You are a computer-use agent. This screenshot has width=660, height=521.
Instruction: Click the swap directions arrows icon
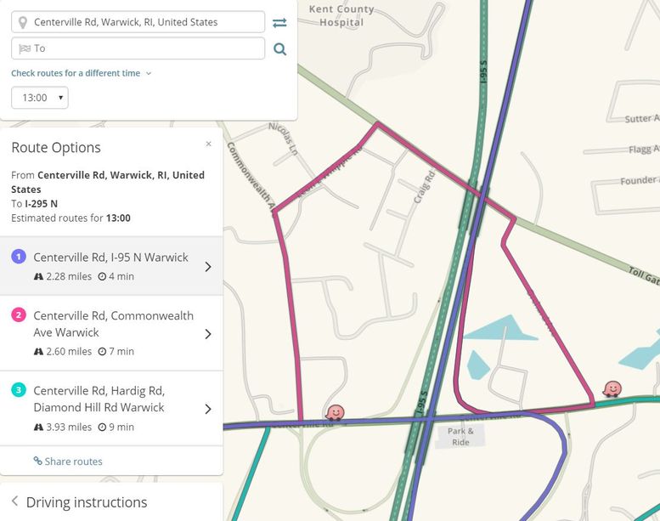point(279,22)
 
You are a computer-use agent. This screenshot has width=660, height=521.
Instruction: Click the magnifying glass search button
point(279,49)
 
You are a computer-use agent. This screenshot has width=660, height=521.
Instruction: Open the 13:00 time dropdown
point(40,98)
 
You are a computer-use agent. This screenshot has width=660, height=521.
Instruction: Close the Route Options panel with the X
point(209,144)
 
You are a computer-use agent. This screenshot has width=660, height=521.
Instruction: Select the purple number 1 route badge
point(19,257)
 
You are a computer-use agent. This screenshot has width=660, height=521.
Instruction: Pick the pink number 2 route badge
point(19,315)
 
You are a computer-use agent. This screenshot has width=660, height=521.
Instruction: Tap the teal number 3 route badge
point(19,390)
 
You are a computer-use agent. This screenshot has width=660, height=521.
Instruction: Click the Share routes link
point(68,462)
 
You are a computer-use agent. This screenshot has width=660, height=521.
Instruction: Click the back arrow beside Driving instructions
point(14,501)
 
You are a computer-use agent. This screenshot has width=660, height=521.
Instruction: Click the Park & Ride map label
point(460,437)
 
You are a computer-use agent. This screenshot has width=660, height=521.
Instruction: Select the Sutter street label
point(641,119)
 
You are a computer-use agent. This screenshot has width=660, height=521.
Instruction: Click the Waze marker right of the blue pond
point(612,388)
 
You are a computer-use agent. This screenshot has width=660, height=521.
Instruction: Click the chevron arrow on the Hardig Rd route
point(208,409)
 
